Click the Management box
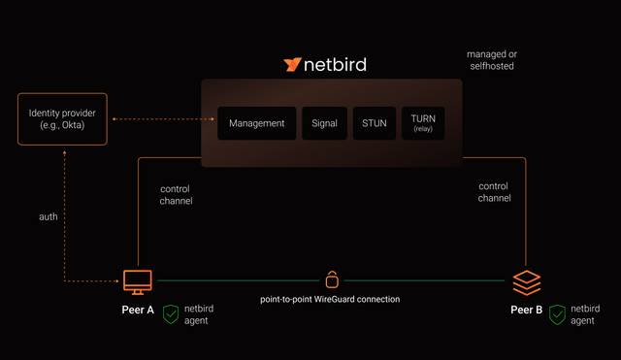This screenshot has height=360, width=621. point(256,123)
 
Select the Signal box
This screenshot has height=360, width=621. point(324,123)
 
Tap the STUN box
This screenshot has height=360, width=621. point(374,123)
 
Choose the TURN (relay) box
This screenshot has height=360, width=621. point(423,123)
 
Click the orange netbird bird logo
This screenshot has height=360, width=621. point(292,65)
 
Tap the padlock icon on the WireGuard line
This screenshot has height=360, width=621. point(332,280)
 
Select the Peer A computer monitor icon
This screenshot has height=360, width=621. point(137,281)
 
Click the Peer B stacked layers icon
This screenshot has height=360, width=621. point(526,282)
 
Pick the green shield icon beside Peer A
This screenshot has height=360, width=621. point(171,314)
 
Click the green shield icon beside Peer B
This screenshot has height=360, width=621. point(557,314)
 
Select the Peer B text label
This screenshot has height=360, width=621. point(525,311)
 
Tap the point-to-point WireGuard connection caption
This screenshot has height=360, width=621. point(330,300)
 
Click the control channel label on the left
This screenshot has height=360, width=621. point(176,195)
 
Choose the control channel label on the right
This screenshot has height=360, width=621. point(494,191)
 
